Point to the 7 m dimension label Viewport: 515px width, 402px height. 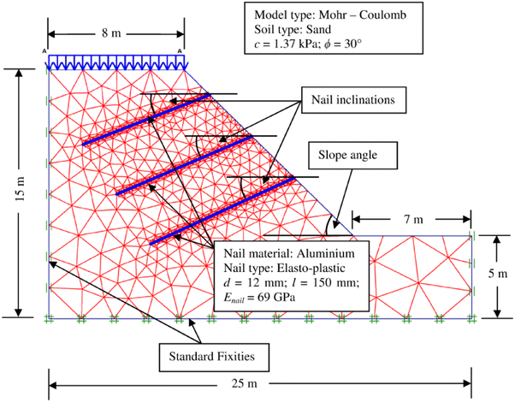411,220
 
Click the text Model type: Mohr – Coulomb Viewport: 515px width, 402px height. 325,15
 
